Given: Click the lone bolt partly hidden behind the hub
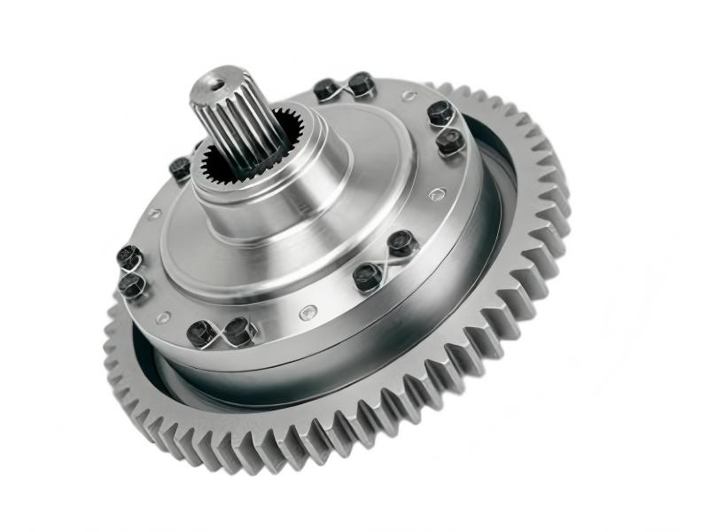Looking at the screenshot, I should pos(180,168).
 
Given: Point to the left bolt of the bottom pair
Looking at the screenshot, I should pos(201,332).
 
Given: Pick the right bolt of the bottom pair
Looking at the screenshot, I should pos(239,329).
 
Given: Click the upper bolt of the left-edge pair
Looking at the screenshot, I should pos(129,257).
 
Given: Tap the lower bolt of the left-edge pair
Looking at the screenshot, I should pos(132,284).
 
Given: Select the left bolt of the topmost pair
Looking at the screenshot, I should pos(326,89).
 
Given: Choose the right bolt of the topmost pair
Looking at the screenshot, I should pos(360,83).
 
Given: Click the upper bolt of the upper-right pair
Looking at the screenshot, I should pos(440,113).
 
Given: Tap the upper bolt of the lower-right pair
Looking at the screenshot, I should pos(401,241).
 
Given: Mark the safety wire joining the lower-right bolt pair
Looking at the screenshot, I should pos(385,259).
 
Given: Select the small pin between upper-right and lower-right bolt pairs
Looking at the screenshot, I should pos(434,194).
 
